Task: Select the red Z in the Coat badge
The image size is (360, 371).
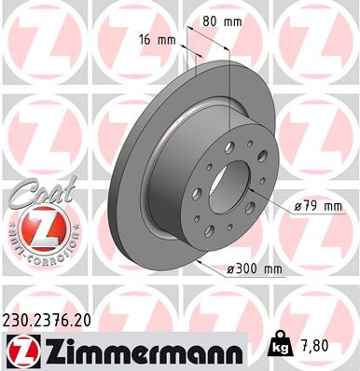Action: (x=37, y=227)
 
